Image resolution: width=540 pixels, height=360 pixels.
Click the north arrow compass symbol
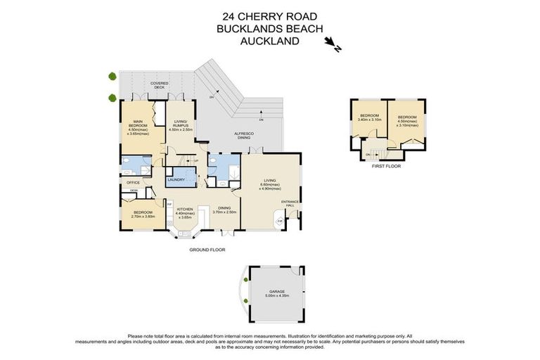pos(333,46)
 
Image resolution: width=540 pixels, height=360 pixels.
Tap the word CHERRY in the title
pos(264,16)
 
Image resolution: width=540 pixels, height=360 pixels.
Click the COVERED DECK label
pos(159,85)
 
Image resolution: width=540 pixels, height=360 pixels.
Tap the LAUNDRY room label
pos(176,180)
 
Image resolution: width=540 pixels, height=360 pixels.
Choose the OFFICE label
pos(133,183)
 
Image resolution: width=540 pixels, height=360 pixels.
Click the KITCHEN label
pos(185,209)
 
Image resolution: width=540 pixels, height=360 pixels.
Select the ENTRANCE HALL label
pos(290,203)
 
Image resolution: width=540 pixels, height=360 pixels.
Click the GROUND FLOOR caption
pos(207,250)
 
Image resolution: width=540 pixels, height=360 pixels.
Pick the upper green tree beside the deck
pos(111,76)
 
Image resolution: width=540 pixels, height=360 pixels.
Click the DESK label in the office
pos(133,191)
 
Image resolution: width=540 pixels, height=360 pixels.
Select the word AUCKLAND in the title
pos(270,41)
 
